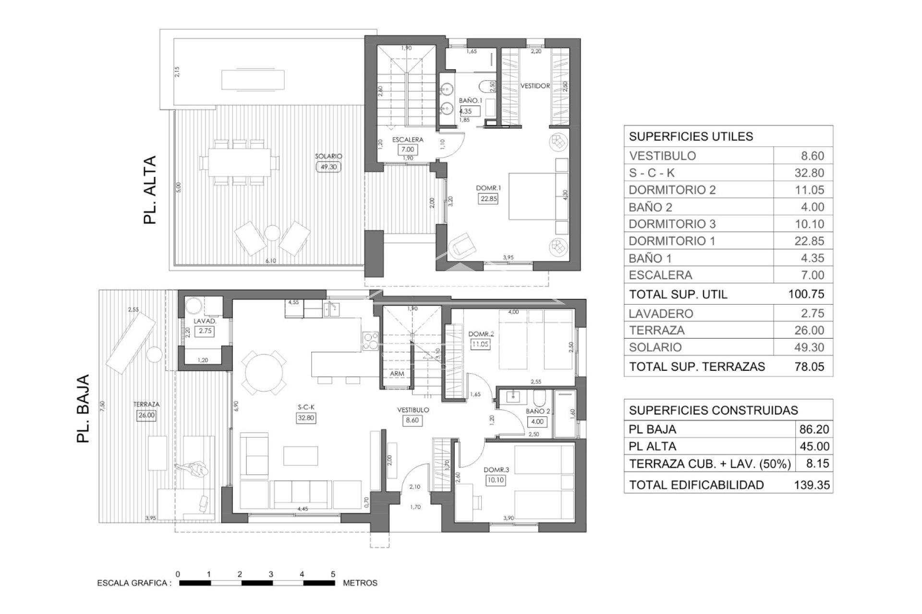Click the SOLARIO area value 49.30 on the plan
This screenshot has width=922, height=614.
[x=328, y=167]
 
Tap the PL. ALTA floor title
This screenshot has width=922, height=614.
[x=150, y=190]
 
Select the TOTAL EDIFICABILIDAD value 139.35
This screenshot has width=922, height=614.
[x=812, y=485]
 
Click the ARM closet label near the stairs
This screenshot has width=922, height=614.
[x=397, y=373]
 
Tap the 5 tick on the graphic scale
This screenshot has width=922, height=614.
[x=333, y=574]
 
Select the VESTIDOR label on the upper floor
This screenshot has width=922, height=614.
[x=535, y=86]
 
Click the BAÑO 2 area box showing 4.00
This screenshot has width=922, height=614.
[x=537, y=422]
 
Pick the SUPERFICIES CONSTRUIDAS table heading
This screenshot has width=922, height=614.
[x=713, y=410]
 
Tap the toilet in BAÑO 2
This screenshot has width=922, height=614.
[x=540, y=398]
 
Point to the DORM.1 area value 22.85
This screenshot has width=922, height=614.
[x=487, y=199]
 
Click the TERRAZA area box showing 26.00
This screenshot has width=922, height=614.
[x=146, y=415]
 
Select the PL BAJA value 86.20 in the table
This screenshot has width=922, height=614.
[x=814, y=429]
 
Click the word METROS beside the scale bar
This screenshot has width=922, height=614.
[x=360, y=583]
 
